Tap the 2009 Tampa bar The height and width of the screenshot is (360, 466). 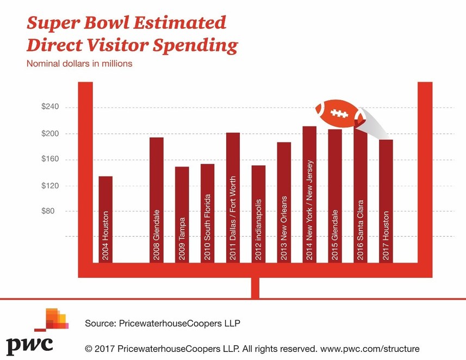click(182, 214)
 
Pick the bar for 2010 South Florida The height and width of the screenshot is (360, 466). click(207, 213)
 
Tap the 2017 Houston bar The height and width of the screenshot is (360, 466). click(386, 201)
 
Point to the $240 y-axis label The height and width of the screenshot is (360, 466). click(50, 107)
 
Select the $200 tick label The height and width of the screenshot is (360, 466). click(50, 133)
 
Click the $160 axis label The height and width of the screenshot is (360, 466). click(50, 159)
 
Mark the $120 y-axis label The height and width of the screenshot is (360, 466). click(50, 185)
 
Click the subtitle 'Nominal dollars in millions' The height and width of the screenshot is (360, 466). click(79, 64)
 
